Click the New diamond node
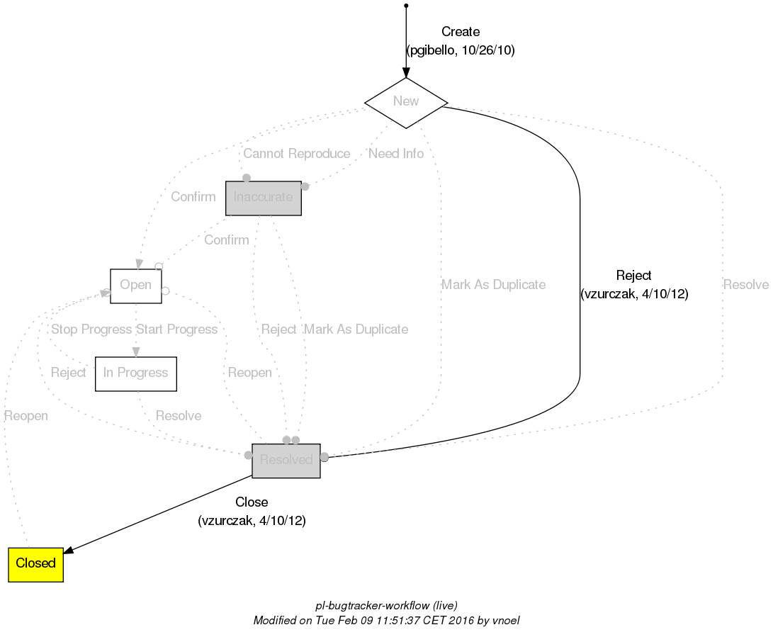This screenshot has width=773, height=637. tap(405, 101)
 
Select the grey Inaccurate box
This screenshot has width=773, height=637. tap(264, 198)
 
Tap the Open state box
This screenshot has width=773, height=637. tap(136, 286)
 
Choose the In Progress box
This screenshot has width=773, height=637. tap(136, 373)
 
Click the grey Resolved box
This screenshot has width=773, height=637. tap(286, 461)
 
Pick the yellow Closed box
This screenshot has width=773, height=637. tap(36, 564)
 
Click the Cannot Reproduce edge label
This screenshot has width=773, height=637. tap(296, 154)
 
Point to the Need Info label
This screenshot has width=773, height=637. tap(396, 154)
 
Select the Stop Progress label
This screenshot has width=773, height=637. tap(91, 329)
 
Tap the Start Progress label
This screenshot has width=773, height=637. tap(177, 329)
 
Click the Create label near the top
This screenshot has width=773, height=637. tap(461, 32)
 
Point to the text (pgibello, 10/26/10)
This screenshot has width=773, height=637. tap(461, 50)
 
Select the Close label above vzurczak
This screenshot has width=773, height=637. tap(252, 502)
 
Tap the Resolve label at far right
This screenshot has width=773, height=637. tap(746, 285)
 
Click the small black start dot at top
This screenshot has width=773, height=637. tap(405, 6)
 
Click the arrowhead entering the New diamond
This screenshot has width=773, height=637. tap(405, 72)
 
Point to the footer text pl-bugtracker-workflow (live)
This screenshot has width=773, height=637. tap(386, 606)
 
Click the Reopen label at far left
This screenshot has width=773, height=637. tap(26, 416)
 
